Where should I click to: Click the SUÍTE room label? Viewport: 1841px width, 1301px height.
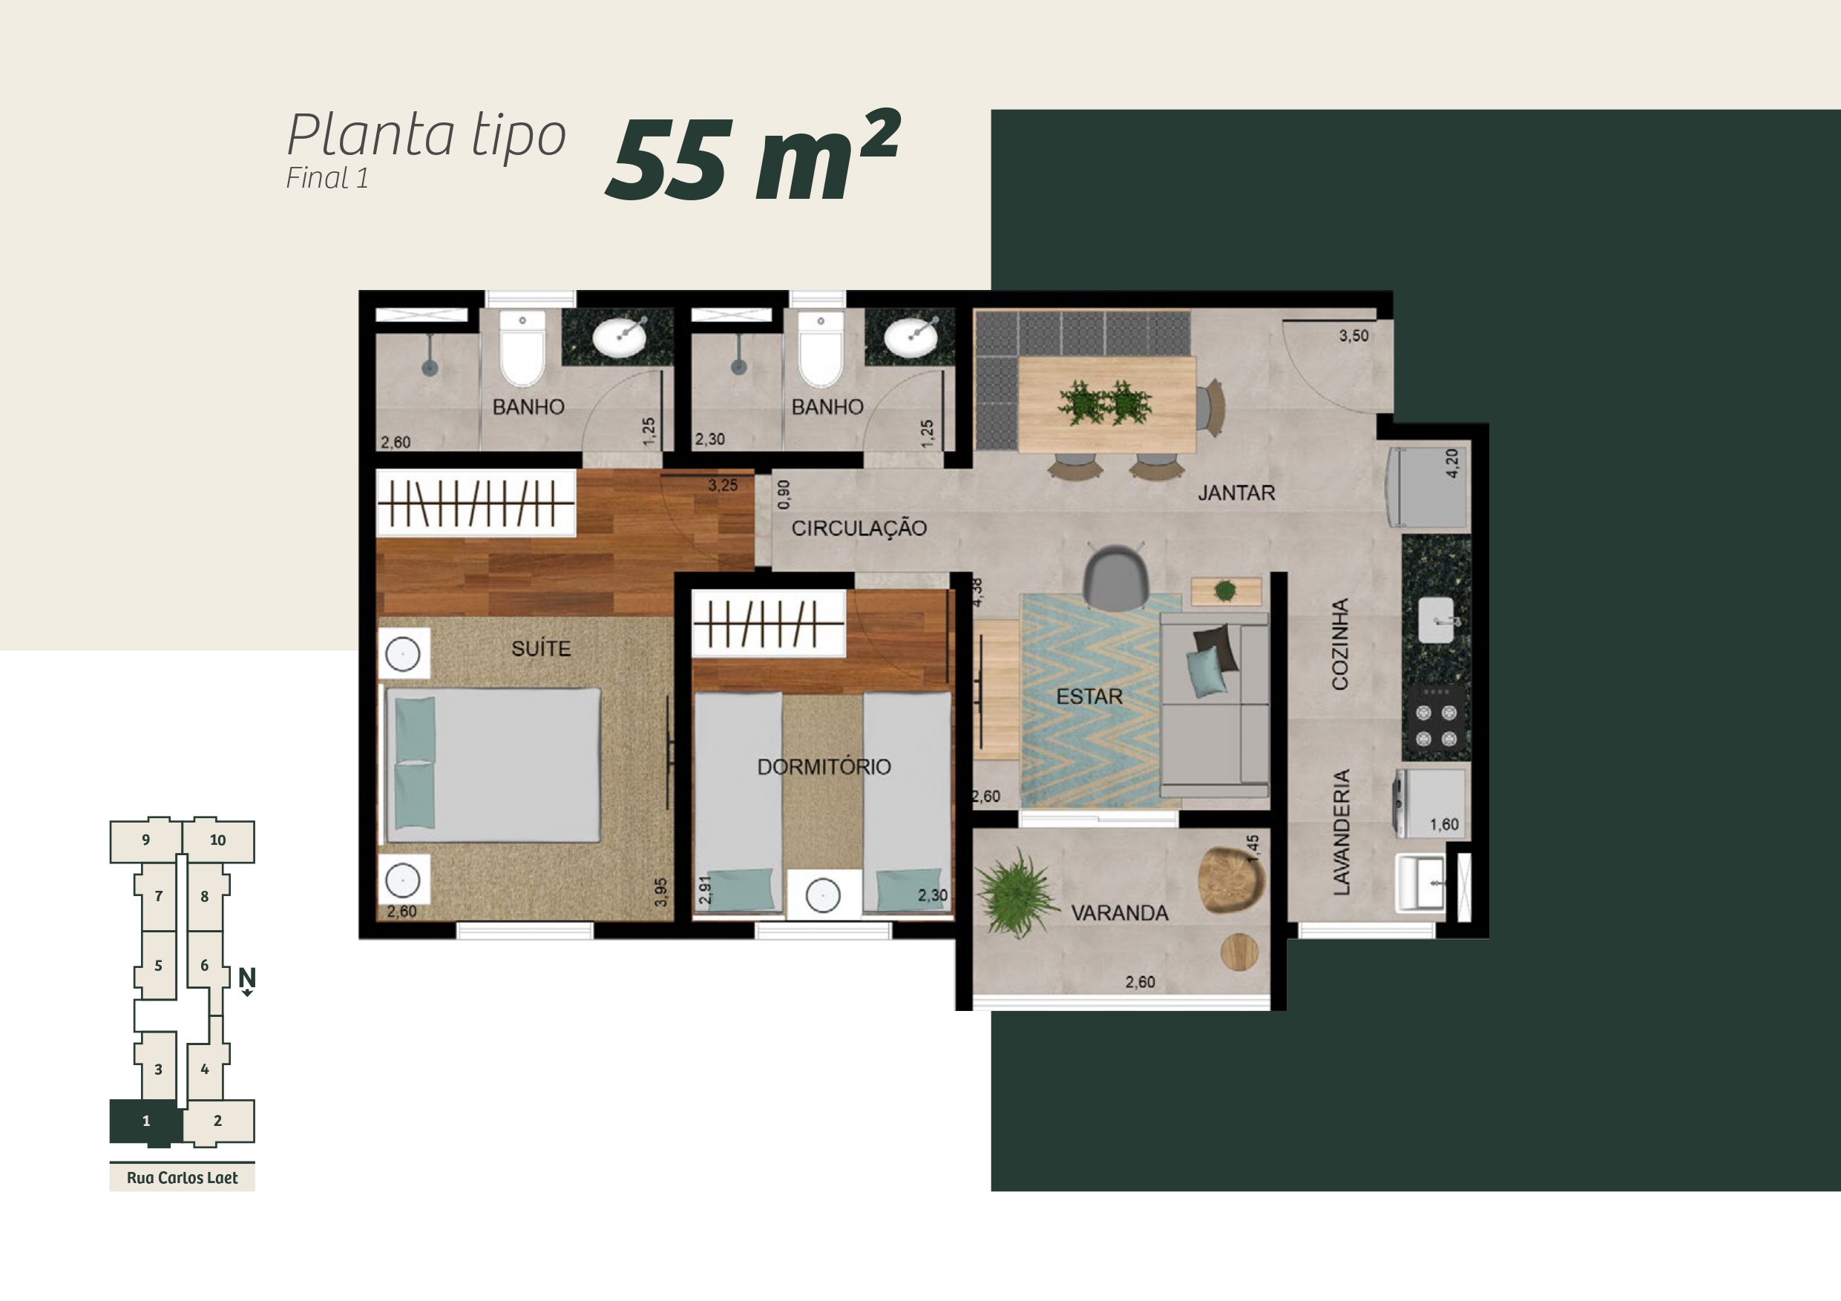click(541, 648)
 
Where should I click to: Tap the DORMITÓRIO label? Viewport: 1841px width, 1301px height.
click(824, 767)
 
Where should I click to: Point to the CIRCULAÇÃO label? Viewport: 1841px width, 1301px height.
click(859, 528)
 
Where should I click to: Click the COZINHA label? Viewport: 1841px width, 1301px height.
click(1340, 644)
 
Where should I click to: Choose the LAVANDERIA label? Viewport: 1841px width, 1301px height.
click(1341, 832)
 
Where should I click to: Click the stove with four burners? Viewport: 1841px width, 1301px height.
click(1436, 725)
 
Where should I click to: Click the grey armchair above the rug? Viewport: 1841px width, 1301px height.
click(1115, 576)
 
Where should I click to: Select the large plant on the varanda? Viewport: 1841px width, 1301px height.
click(1017, 895)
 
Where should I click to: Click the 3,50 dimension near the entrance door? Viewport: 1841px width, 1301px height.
click(1353, 336)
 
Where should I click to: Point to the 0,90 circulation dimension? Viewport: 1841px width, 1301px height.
click(784, 495)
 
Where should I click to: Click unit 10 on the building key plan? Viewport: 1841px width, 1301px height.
click(218, 841)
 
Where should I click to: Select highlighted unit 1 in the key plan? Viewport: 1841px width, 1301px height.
click(146, 1121)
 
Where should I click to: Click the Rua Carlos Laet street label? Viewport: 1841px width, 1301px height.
click(182, 1178)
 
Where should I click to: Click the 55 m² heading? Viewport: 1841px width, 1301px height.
click(753, 156)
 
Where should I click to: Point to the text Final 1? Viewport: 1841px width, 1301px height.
click(327, 178)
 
